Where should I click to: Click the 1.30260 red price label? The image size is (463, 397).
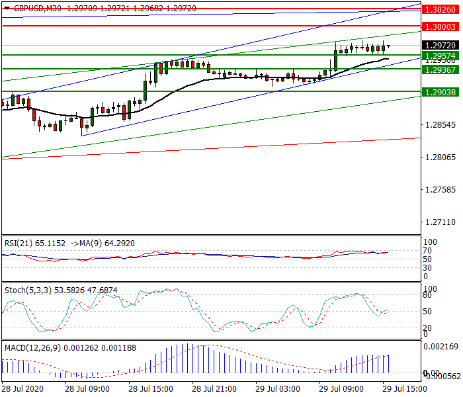coord(440,10)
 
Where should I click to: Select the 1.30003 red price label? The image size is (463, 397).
coord(440,26)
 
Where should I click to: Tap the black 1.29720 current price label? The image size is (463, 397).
coord(440,45)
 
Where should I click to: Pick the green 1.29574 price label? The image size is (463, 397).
coord(440,56)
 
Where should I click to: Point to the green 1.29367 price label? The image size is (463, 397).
coord(440,69)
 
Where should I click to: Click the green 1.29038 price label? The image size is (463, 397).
coord(440,93)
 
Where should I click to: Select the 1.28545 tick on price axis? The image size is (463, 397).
coord(439,125)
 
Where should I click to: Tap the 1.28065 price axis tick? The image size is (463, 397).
coord(439,157)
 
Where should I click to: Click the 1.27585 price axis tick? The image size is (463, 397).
coord(439,190)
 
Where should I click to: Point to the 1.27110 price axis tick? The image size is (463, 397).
coord(439,222)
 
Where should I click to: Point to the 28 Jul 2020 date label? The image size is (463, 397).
coord(23,389)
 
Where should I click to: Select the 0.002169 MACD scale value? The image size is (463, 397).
coord(441,347)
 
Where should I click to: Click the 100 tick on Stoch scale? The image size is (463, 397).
coord(429,289)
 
